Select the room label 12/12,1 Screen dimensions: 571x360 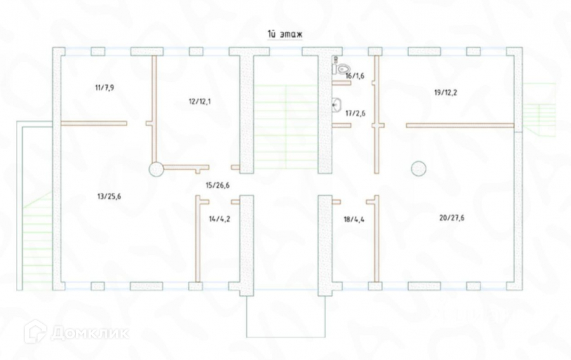click(x=200, y=102)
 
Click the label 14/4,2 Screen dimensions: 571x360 click(x=220, y=220)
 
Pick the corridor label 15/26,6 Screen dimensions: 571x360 click(x=218, y=185)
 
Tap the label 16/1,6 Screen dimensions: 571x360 click(x=355, y=76)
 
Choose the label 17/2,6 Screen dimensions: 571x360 click(x=355, y=113)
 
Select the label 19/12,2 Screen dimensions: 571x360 click(x=446, y=92)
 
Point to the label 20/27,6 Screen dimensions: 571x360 click(x=451, y=217)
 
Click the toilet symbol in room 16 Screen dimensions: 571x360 click(x=343, y=67)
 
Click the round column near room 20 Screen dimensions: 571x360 click(x=418, y=168)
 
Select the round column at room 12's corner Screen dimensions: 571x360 click(x=156, y=169)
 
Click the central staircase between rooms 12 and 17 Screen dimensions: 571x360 click(x=285, y=127)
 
